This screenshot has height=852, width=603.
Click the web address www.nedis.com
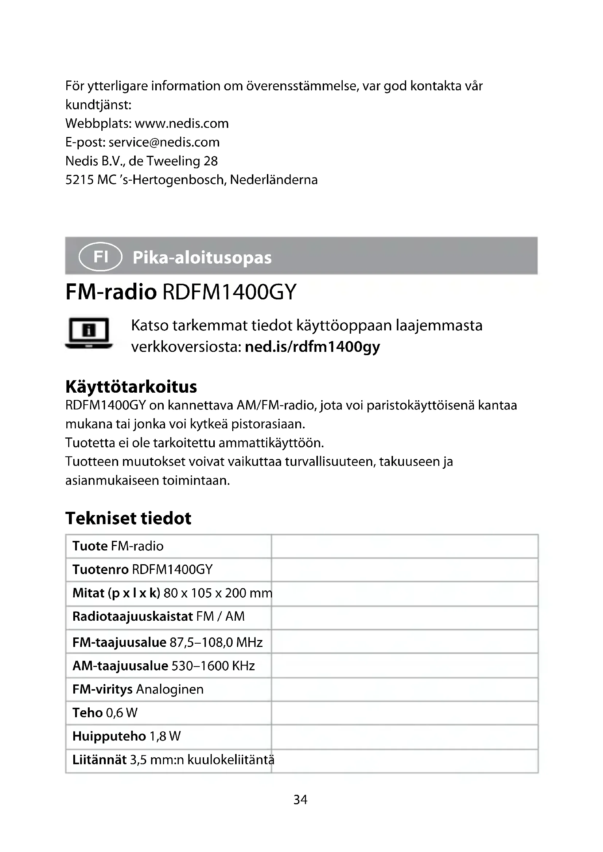coord(182,123)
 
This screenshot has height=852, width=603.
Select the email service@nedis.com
coord(164,142)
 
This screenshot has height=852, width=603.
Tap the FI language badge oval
coord(100,256)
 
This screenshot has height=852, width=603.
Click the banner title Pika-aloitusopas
coord(202,258)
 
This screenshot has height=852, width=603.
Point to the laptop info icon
coord(89,333)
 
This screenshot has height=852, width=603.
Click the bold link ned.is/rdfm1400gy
coord(312,346)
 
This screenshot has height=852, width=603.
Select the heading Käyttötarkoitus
coord(131,387)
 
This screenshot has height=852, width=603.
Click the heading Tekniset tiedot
coord(128,518)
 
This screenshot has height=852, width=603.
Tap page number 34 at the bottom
coord(300,800)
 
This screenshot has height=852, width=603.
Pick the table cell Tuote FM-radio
coord(118,546)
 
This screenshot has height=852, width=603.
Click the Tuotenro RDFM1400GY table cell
coord(143,569)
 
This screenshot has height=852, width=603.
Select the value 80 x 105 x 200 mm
coord(218,593)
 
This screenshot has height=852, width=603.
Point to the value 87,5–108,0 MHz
coord(216,642)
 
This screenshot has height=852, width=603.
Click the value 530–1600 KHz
coord(213,666)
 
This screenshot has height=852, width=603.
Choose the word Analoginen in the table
coord(170,689)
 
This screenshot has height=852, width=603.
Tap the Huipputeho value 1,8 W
coord(165,736)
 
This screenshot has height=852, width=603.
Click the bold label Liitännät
coord(100,759)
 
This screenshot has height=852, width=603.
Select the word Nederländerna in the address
coord(274,180)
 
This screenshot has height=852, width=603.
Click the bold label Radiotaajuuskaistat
coord(133,616)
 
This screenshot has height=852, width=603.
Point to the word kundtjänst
coord(98,105)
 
